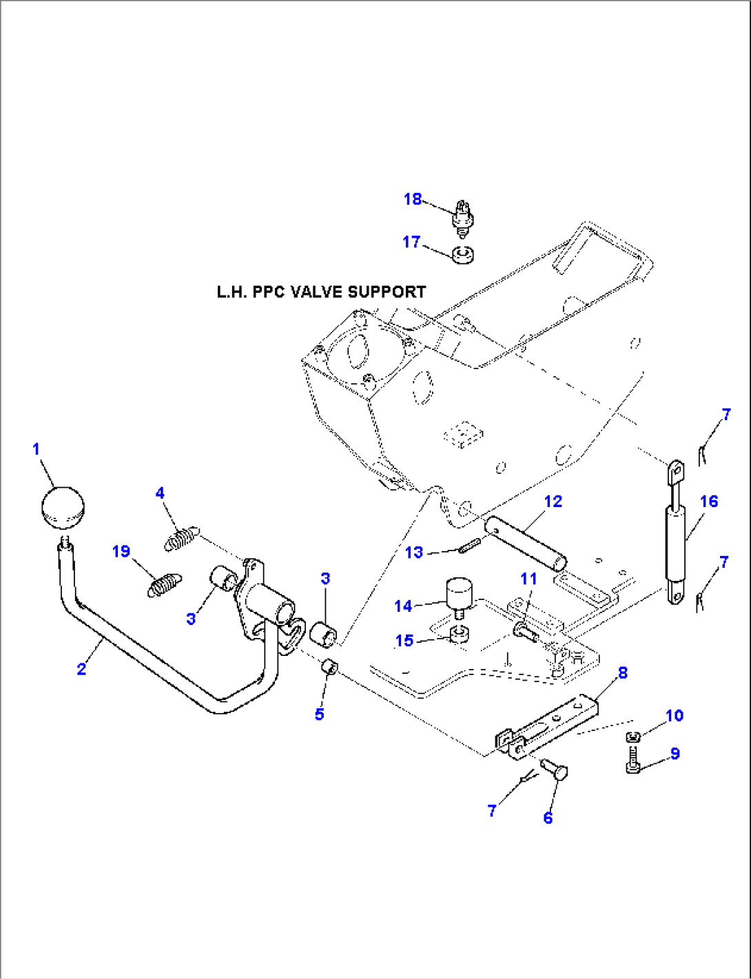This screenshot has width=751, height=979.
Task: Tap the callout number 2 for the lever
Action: coord(82,669)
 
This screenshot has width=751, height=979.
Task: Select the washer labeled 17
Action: coord(463,254)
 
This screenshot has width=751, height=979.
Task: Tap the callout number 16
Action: coord(709,502)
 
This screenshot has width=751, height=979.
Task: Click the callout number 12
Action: coord(553,502)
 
